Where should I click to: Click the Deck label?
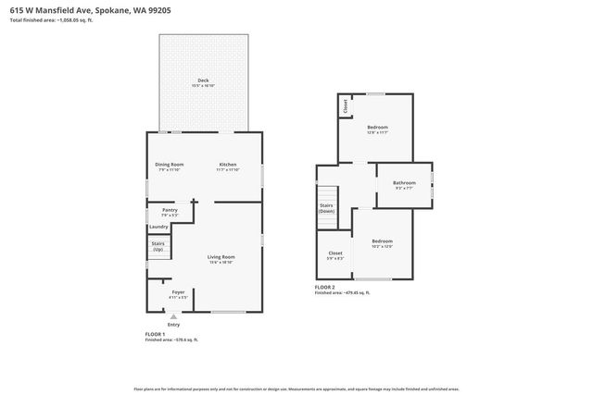(203, 80)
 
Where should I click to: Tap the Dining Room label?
(170, 165)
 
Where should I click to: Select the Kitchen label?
(228, 165)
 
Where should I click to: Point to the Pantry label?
(170, 210)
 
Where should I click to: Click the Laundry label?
(158, 227)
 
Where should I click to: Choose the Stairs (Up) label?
(158, 245)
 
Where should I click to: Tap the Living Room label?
(221, 257)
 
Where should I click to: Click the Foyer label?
(178, 293)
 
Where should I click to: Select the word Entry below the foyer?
(173, 325)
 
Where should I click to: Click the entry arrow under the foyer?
(173, 315)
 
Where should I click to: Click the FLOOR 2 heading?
(326, 287)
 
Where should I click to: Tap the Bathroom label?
(404, 183)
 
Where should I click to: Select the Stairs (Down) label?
(326, 207)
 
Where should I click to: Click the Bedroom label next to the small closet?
(377, 127)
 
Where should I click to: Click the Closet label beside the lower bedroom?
(335, 253)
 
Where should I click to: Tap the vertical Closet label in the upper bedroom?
(346, 105)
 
